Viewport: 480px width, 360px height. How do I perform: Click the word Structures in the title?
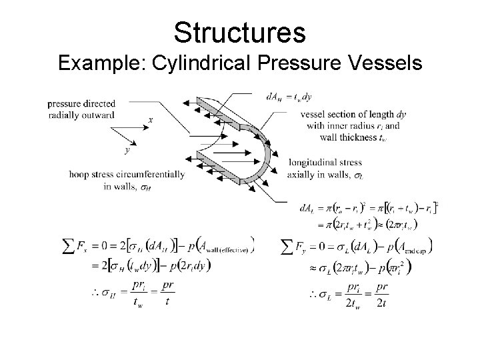click(x=239, y=31)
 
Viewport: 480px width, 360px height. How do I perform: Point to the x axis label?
click(x=151, y=121)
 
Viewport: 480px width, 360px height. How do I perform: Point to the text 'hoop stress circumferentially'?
click(x=126, y=175)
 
